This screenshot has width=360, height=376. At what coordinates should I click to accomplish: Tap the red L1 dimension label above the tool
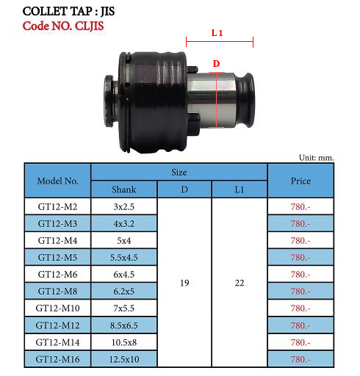(x=217, y=32)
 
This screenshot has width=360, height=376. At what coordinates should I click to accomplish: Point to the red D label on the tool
(x=217, y=64)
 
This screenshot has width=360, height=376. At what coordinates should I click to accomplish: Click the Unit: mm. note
(x=316, y=157)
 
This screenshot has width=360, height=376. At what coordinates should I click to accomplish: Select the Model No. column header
(x=57, y=181)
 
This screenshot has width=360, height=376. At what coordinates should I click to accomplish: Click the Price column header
(x=300, y=181)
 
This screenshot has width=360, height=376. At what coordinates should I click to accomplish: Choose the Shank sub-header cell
(x=123, y=189)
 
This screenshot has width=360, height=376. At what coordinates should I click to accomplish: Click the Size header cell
(x=179, y=172)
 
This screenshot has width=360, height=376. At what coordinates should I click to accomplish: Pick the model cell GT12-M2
(x=57, y=206)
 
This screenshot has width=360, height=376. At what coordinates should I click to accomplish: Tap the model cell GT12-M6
(x=57, y=274)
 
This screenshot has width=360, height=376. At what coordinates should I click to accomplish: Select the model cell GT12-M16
(x=57, y=359)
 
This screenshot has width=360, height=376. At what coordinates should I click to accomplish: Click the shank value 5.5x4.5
(x=123, y=257)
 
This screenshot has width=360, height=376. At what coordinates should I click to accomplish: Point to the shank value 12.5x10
(x=123, y=359)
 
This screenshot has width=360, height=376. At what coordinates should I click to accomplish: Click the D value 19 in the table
(x=184, y=283)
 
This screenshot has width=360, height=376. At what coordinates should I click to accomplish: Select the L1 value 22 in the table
(x=239, y=283)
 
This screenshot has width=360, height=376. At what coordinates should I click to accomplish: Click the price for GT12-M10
(x=300, y=308)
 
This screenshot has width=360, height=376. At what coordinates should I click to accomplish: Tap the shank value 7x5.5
(x=123, y=308)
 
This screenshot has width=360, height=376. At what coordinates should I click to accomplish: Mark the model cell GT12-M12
(x=57, y=325)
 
